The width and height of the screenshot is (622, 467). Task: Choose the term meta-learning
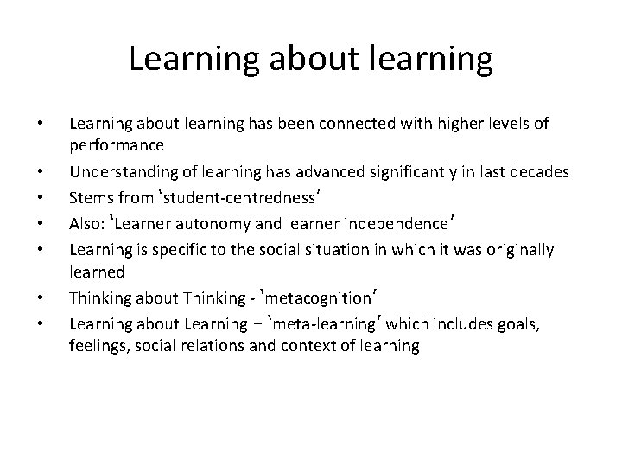coord(329,324)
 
